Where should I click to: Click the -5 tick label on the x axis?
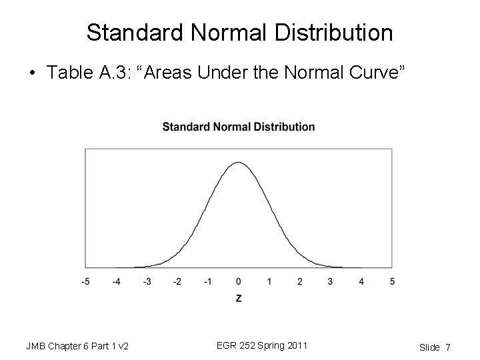click(x=85, y=281)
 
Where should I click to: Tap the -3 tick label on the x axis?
click(x=147, y=281)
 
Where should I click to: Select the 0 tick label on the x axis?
click(x=239, y=281)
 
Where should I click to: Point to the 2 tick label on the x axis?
click(x=300, y=281)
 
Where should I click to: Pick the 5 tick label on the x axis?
click(x=392, y=281)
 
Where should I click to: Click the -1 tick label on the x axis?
click(x=208, y=281)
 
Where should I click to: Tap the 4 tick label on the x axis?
click(x=361, y=281)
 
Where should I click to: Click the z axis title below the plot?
click(x=239, y=299)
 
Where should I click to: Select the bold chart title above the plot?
click(x=239, y=127)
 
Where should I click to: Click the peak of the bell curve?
click(x=239, y=162)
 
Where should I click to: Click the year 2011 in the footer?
click(x=295, y=345)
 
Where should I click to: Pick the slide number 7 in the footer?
click(x=448, y=347)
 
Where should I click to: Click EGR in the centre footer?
click(x=227, y=345)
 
